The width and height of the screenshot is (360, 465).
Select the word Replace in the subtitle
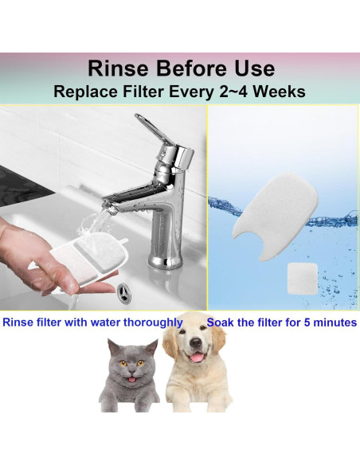click(85, 91)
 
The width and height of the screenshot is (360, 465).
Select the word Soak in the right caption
click(221, 323)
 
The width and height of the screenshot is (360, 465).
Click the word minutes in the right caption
click(332, 323)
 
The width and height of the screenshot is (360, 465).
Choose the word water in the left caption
click(107, 323)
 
